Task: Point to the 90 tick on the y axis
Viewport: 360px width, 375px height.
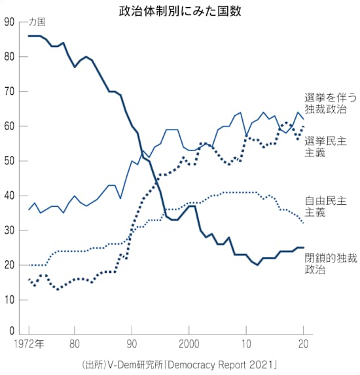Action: (x=9, y=22)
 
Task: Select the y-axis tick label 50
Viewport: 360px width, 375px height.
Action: (x=9, y=161)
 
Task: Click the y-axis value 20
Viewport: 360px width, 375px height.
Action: (x=9, y=265)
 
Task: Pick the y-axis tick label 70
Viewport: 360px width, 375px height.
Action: (x=9, y=92)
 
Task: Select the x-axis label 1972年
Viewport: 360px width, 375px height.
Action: (x=31, y=344)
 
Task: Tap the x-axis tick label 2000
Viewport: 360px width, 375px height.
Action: (x=189, y=344)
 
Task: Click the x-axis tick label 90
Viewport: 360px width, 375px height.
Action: (x=132, y=344)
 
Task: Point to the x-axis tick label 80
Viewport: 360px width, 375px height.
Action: (x=75, y=344)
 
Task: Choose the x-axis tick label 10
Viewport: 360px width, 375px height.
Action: (x=246, y=344)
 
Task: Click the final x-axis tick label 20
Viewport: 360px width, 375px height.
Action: (x=304, y=344)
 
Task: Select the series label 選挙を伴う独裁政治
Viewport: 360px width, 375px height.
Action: (x=330, y=102)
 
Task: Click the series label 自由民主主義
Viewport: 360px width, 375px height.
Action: (x=330, y=206)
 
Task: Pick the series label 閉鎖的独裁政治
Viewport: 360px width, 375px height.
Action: (x=330, y=263)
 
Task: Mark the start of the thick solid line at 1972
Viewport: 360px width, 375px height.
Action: (x=29, y=36)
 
